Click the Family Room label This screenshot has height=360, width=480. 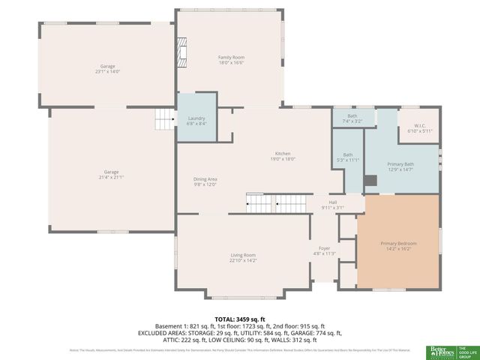pos(231,58)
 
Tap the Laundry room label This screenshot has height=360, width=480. pos(196,118)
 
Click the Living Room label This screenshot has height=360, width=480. pos(243,255)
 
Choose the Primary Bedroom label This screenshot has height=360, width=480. pos(398,244)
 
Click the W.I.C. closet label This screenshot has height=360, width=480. pos(420,126)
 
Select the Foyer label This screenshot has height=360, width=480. pos(324,248)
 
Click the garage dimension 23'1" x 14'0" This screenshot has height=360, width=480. pos(108,71)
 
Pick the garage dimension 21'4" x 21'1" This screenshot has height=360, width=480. pos(108,178)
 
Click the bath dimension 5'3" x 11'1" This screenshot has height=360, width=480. pos(351,160)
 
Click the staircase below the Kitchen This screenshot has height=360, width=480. pos(277,202)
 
